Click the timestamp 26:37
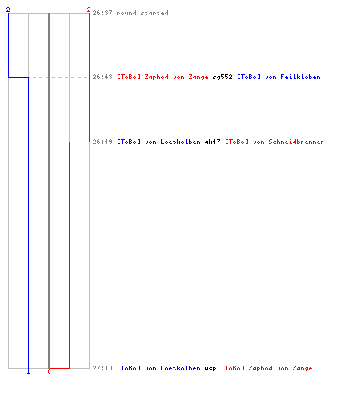[102, 13]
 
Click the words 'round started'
[142, 13]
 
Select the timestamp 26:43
[102, 77]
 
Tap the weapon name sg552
[222, 78]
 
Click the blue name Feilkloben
[300, 77]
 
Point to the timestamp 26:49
[102, 142]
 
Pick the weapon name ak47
[213, 142]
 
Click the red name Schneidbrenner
[296, 142]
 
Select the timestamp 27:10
[102, 368]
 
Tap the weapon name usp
[210, 369]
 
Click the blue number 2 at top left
[8, 10]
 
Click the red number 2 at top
[89, 10]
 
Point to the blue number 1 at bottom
[28, 371]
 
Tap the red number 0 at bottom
[49, 371]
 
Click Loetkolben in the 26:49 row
[180, 142]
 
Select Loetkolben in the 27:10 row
[180, 368]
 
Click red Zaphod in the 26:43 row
[156, 78]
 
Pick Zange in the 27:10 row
[302, 369]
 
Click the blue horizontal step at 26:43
[18, 77]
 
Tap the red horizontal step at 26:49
[79, 142]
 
